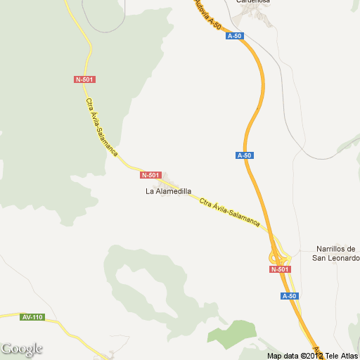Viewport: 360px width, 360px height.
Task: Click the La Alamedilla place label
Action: (168, 191)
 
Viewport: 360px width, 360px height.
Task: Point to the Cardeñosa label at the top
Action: (254, 2)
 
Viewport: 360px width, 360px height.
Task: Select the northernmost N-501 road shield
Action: (84, 79)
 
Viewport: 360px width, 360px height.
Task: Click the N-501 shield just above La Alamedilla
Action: (151, 175)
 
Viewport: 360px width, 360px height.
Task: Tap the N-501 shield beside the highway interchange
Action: (279, 269)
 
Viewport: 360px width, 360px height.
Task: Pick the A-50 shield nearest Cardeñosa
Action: (234, 35)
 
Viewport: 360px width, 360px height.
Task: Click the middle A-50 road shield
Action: (244, 155)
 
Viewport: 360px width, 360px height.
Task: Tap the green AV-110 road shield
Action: (32, 317)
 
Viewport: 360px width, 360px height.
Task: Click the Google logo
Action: (21, 349)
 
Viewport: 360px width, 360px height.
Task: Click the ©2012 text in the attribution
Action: (311, 355)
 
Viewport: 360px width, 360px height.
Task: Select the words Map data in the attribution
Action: (283, 355)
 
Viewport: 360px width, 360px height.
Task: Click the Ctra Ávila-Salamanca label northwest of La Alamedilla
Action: (101, 126)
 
